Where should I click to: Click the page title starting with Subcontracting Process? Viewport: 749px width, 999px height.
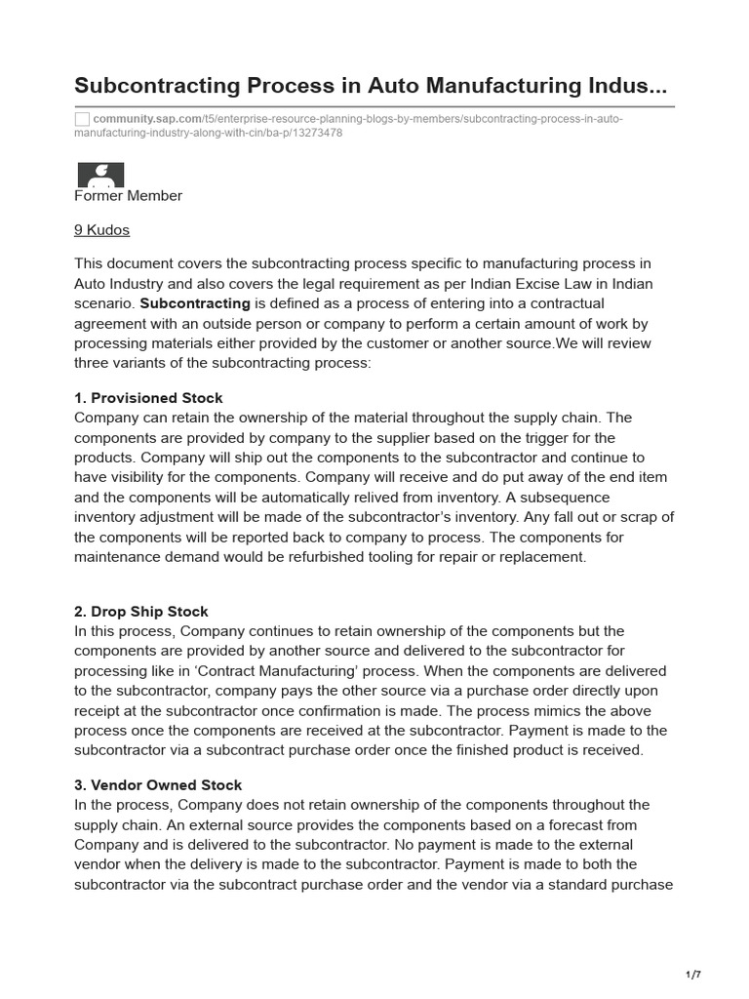click(x=371, y=87)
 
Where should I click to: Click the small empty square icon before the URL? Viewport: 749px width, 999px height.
click(x=82, y=119)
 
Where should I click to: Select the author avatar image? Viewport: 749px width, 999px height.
click(x=100, y=175)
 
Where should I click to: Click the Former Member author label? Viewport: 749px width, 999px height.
click(x=128, y=196)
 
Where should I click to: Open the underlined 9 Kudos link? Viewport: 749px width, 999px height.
click(x=101, y=230)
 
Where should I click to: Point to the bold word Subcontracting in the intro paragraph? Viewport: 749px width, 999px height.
click(x=195, y=303)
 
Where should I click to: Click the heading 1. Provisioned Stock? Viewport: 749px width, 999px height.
click(x=148, y=398)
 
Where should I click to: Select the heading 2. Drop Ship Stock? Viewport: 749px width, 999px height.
click(x=141, y=612)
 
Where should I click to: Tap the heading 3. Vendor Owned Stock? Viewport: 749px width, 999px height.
click(x=158, y=785)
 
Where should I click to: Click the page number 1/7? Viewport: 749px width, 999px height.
click(x=693, y=975)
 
